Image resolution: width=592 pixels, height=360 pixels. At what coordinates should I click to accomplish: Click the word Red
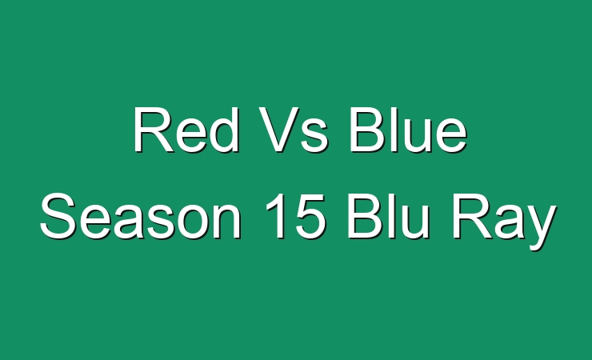186,130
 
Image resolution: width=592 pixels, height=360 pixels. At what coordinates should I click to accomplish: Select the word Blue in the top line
409,130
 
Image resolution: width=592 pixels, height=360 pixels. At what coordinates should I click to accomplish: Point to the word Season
141,216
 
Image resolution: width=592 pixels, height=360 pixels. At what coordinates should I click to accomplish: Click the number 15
295,216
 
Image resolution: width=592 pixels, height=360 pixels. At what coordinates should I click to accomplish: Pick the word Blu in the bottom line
389,216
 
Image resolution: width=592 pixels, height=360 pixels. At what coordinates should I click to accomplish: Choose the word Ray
504,222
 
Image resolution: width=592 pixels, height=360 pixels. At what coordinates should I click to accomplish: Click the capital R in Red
154,130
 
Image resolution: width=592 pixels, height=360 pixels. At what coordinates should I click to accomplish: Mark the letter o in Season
190,222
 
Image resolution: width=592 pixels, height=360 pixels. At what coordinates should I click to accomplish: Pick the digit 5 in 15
310,217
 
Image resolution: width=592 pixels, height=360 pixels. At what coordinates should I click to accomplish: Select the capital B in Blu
366,216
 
